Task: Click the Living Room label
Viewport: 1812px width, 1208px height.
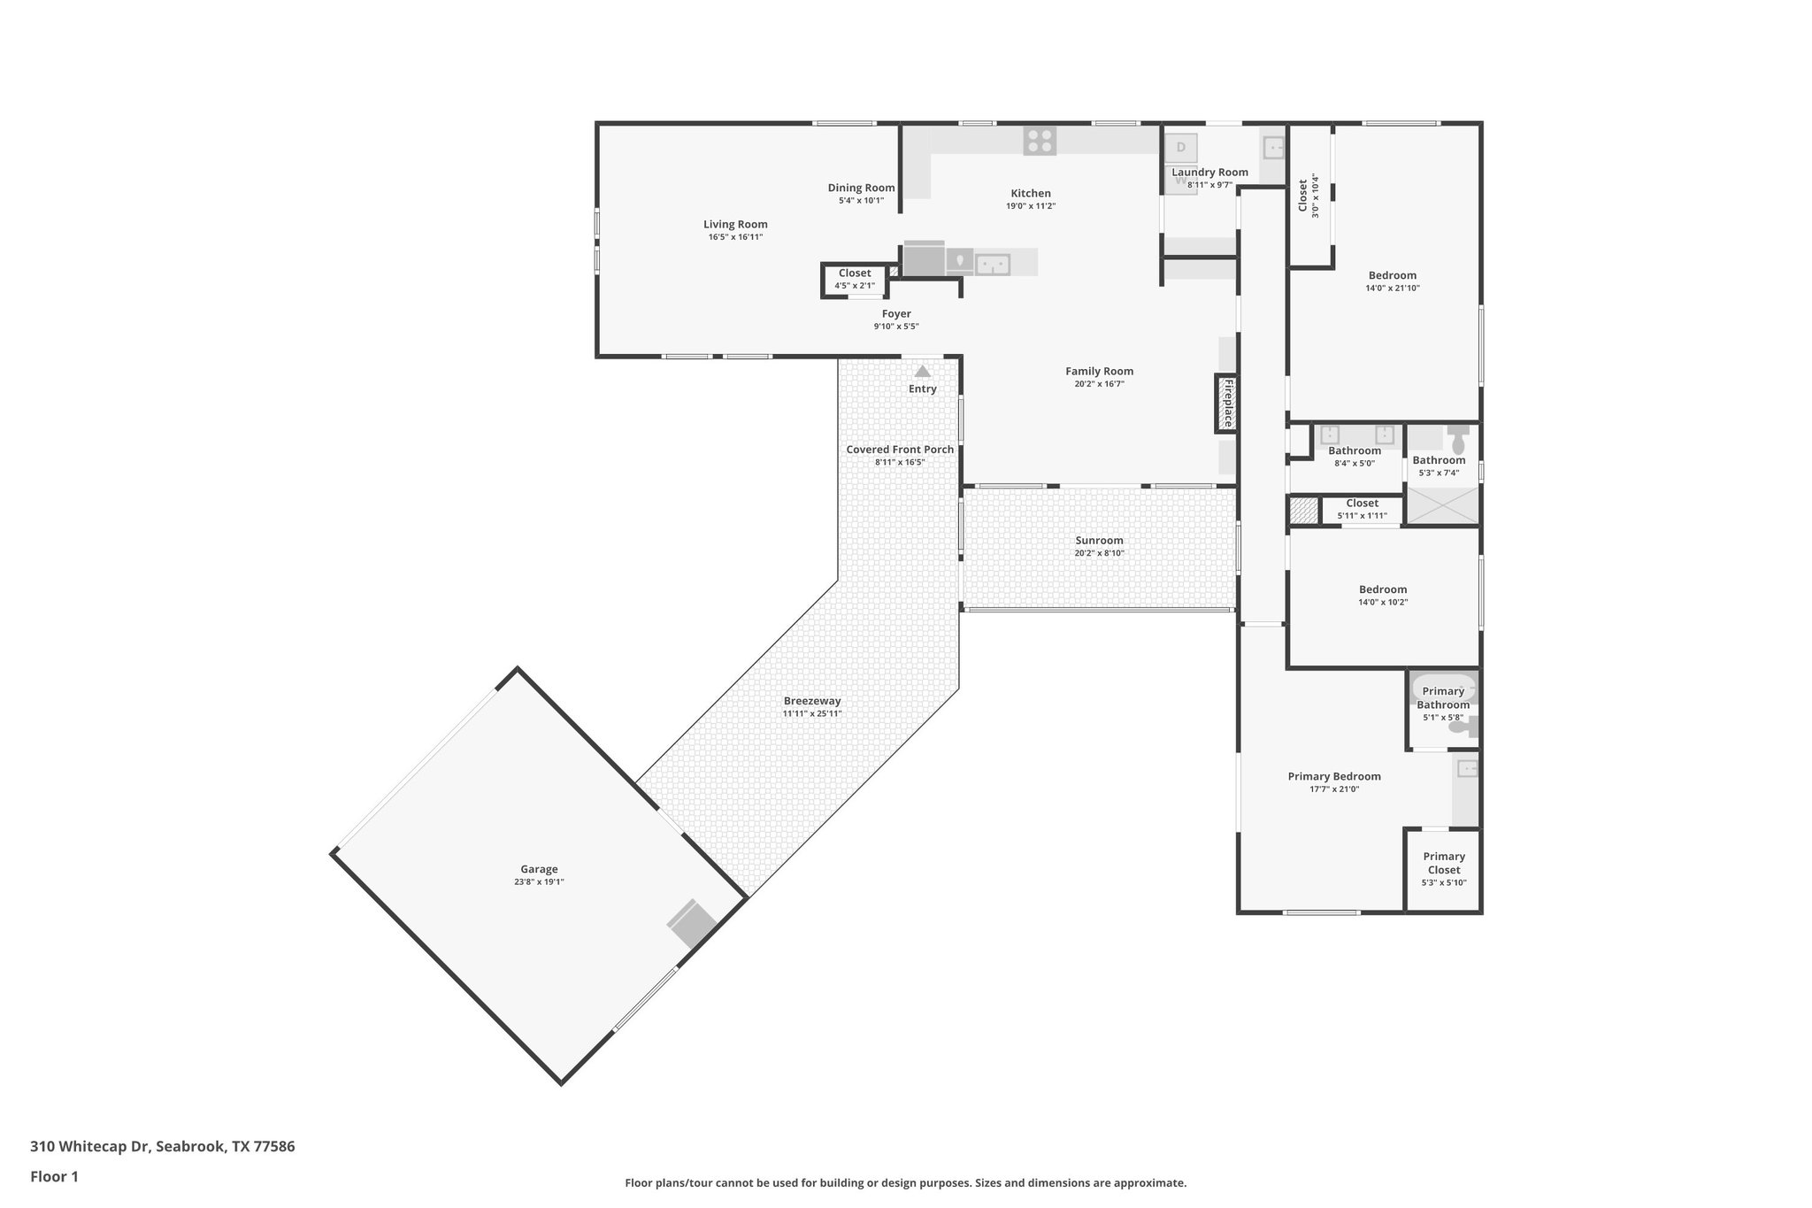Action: coord(735,225)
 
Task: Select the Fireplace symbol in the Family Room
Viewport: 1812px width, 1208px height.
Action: coord(1226,404)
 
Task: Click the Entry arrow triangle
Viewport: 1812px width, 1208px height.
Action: coord(922,372)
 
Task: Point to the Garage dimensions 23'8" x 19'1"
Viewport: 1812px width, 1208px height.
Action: coord(539,881)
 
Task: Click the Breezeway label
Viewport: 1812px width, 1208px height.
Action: coord(811,701)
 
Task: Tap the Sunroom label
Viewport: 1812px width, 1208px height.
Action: coord(1099,541)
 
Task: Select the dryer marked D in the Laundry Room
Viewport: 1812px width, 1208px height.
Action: coord(1180,147)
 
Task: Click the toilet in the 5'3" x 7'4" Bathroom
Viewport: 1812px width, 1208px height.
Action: coord(1458,440)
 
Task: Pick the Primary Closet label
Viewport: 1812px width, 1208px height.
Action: coord(1444,863)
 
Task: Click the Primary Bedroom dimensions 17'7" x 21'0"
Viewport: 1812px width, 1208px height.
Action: coord(1334,789)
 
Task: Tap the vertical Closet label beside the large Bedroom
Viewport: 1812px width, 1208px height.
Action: coord(1303,196)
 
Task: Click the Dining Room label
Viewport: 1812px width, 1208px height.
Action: coord(861,188)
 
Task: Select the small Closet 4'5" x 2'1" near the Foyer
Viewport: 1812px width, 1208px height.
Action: coord(855,279)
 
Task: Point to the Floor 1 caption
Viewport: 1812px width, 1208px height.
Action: coord(54,1176)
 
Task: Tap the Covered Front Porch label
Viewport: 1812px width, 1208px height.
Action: coord(900,450)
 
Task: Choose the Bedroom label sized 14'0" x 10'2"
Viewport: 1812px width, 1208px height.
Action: coord(1382,590)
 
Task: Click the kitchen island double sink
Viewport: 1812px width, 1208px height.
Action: coord(993,263)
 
